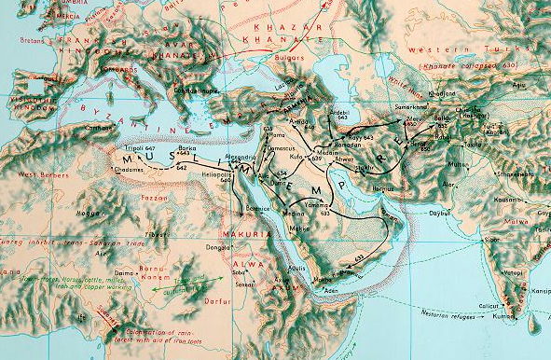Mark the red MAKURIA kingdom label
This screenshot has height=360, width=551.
(241, 232)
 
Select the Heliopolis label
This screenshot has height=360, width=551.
(232, 174)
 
